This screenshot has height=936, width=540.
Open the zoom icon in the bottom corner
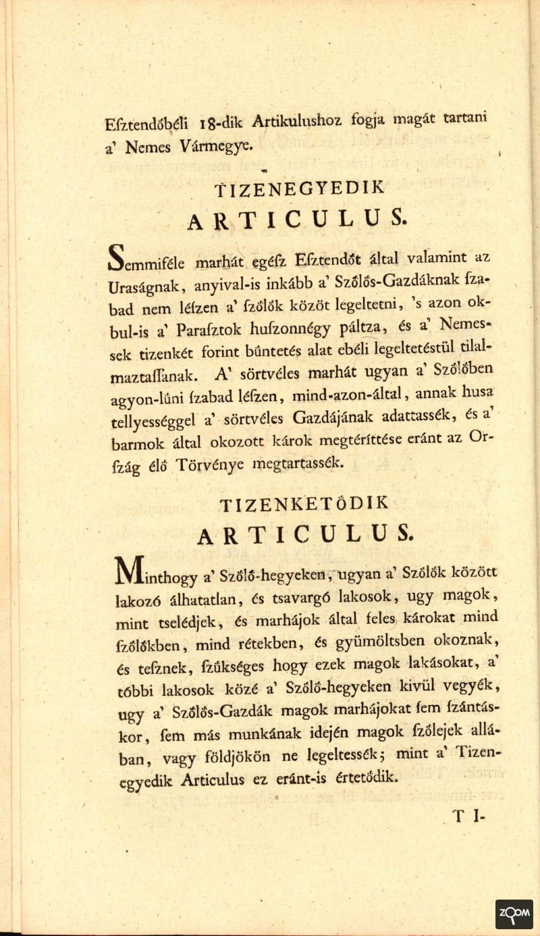[x=514, y=914]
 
